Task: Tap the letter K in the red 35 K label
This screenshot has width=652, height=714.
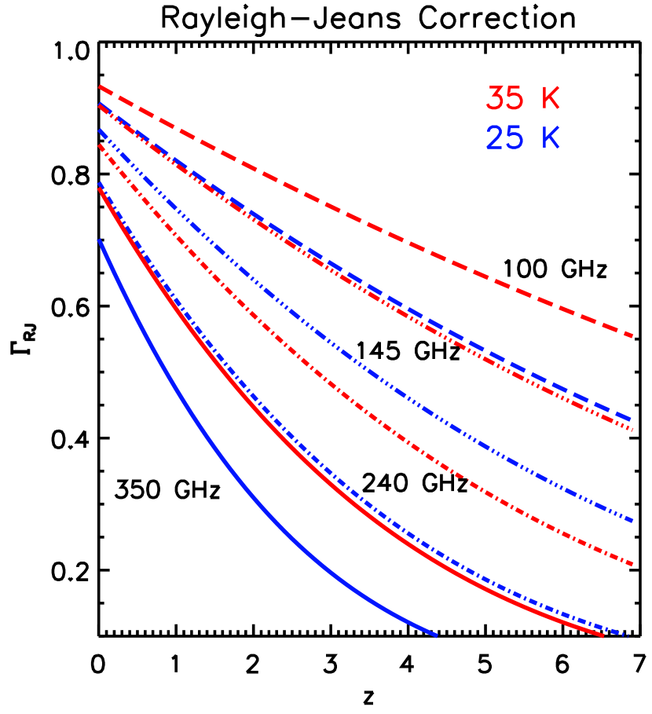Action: [x=551, y=100]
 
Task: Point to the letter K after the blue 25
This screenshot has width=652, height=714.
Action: [x=551, y=138]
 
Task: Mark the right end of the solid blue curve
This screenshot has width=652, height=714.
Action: [x=436, y=635]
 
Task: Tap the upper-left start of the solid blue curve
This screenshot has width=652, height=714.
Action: [x=99, y=240]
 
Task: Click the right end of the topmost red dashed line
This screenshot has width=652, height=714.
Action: [x=632, y=336]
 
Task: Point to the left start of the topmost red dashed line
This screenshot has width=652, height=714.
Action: [x=100, y=86]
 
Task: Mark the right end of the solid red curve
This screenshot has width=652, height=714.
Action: [x=603, y=636]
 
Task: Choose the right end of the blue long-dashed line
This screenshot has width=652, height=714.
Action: [x=632, y=419]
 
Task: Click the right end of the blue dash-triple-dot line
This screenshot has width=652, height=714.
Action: [x=632, y=520]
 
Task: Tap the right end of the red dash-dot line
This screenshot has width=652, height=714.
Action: [x=632, y=564]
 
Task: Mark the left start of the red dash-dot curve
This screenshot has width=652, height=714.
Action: [x=100, y=145]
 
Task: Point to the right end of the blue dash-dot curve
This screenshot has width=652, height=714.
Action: [x=628, y=635]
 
